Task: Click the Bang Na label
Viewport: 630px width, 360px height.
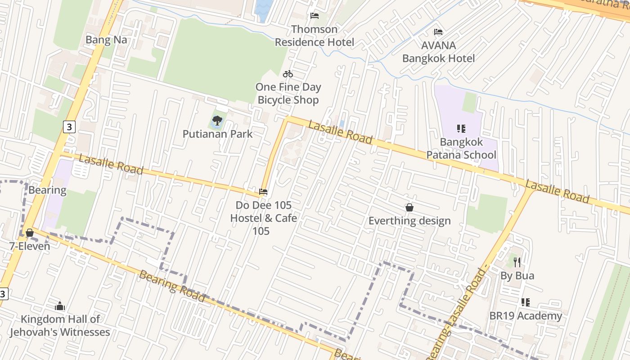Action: click(106, 40)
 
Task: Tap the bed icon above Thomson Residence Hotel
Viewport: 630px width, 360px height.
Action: click(315, 16)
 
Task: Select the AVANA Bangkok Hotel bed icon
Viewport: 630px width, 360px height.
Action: click(438, 32)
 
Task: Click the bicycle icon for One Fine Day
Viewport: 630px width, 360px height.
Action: click(288, 74)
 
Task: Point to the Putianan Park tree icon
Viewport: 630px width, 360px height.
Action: click(217, 120)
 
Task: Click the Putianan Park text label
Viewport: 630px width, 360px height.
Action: click(217, 134)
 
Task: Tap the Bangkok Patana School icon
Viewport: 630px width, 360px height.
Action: click(461, 129)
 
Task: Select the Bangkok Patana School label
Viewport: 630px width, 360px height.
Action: click(461, 148)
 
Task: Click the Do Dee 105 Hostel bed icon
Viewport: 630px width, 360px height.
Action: click(263, 192)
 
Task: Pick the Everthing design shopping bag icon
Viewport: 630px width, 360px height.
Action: click(409, 207)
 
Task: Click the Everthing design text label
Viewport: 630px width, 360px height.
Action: click(409, 220)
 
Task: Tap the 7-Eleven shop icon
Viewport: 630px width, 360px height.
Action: click(30, 233)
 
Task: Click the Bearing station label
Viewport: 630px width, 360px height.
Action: click(47, 190)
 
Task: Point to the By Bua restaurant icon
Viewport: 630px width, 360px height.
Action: click(517, 262)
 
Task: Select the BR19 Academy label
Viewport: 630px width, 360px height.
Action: click(526, 316)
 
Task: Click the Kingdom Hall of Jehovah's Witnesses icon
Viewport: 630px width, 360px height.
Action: click(60, 306)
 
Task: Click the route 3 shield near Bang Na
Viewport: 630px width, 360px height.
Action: click(68, 127)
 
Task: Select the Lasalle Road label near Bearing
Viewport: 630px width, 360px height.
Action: click(111, 165)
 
